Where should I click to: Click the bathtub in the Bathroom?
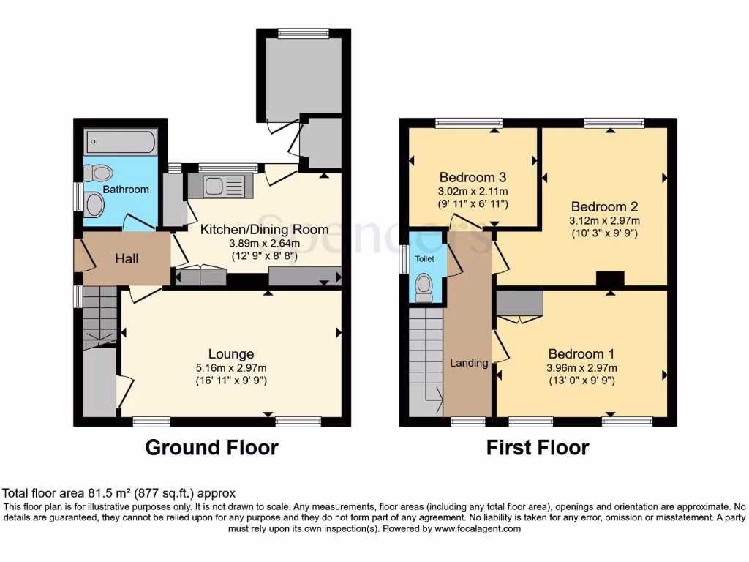coord(121,142)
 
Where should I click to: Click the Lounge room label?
coord(230,354)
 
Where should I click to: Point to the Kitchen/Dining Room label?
coord(264,229)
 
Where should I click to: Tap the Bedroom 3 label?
coord(473,177)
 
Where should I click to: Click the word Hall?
coord(127,259)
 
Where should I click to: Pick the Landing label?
coord(468,363)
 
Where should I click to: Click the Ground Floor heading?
coord(211,447)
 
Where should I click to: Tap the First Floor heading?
coord(538,447)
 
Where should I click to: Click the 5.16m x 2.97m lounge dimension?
coord(230,368)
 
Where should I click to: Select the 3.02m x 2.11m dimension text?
coord(473,191)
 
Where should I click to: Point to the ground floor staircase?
coord(99,315)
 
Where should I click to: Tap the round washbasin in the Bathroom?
coord(95,204)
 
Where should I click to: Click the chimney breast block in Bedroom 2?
coord(610,279)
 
